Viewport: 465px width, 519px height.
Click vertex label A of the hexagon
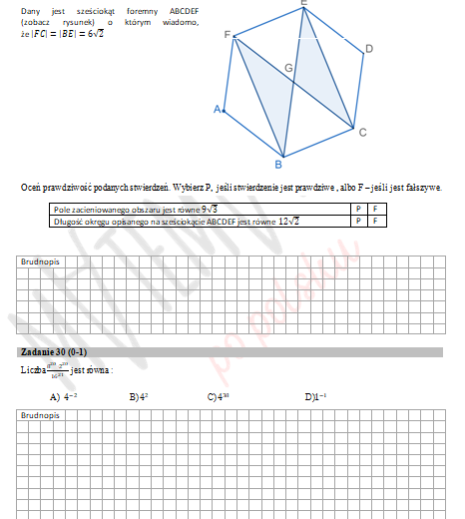pos(217,110)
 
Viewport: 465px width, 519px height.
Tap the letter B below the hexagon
pos(278,165)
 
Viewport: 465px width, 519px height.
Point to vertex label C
pos(362,133)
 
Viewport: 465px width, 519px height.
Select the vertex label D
pos(369,48)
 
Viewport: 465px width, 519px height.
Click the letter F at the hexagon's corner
pos(228,36)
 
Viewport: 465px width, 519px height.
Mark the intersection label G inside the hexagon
pos(288,69)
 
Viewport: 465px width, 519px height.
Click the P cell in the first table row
pos(357,210)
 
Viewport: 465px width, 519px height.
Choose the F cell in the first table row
pos(373,210)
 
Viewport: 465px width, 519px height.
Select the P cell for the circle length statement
pos(357,221)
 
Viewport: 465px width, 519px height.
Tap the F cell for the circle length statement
pos(373,221)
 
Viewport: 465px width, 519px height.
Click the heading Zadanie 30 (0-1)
pos(53,353)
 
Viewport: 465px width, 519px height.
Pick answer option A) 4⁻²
pos(63,397)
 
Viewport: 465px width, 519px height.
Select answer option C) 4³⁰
pos(219,397)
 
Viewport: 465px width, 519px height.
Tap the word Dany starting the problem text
pos(30,10)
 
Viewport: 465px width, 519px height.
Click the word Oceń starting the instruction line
pos(31,187)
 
